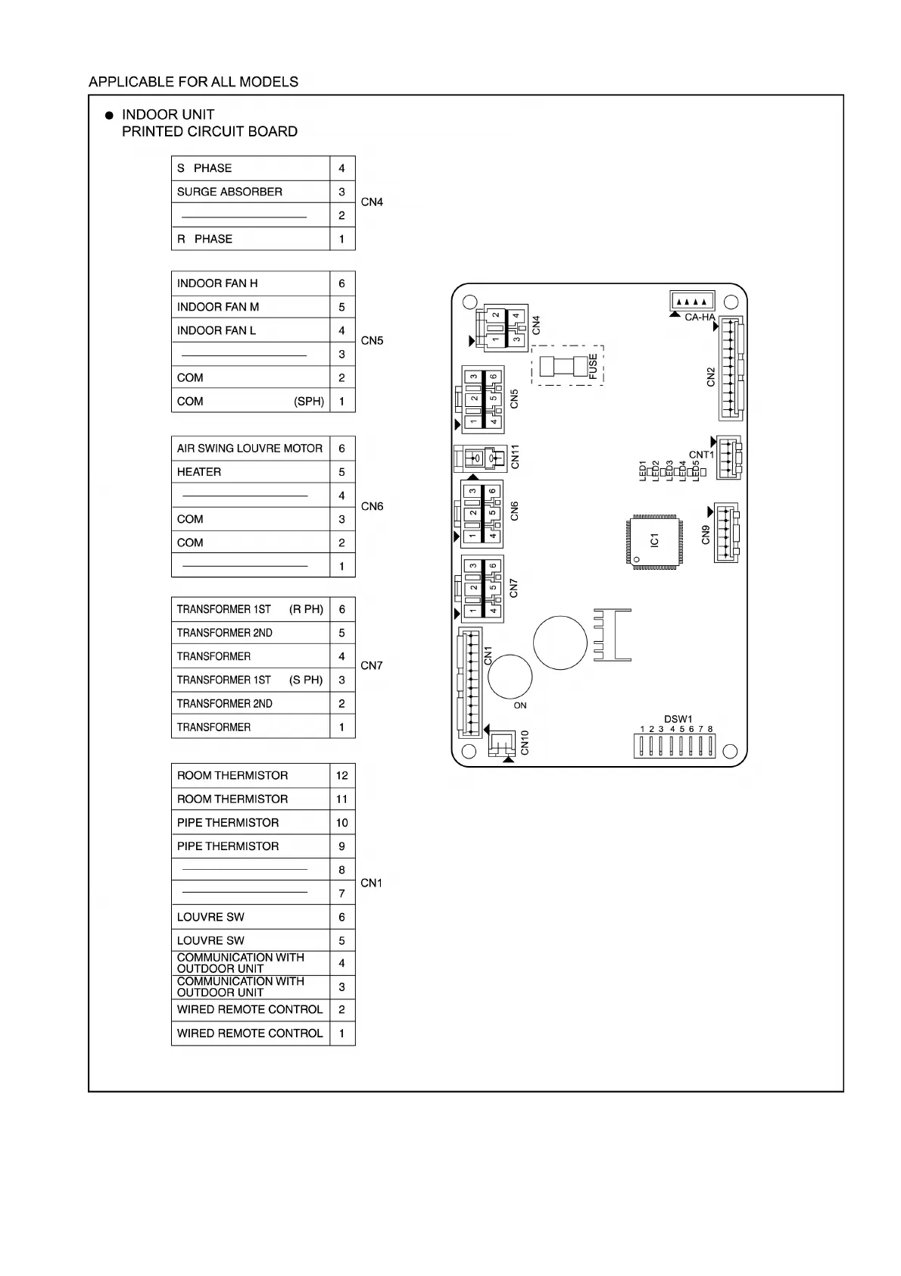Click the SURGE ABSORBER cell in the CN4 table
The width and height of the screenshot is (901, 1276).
[x=251, y=192]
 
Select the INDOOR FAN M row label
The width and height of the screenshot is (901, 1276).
[x=251, y=307]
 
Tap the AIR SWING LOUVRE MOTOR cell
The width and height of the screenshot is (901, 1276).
[x=251, y=449]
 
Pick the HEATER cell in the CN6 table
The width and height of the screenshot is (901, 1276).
[x=251, y=472]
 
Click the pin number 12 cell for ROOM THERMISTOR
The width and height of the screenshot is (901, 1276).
[x=342, y=776]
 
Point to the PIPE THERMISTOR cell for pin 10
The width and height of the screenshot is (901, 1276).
[x=251, y=823]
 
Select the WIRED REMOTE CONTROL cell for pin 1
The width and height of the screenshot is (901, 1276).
[x=251, y=1034]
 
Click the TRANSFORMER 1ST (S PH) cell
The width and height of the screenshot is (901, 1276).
[x=251, y=680]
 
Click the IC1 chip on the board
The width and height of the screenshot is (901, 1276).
[x=653, y=539]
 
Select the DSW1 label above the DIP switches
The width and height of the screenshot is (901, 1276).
[x=678, y=719]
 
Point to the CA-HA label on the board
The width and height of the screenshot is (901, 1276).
[x=699, y=317]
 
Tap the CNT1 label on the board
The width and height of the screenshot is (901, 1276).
[x=701, y=455]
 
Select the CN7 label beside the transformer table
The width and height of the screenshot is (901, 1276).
[x=372, y=665]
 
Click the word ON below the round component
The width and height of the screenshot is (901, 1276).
[x=520, y=705]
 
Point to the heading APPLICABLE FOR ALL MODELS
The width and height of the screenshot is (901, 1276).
[x=193, y=82]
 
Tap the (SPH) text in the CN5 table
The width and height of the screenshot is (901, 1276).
[x=309, y=402]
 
